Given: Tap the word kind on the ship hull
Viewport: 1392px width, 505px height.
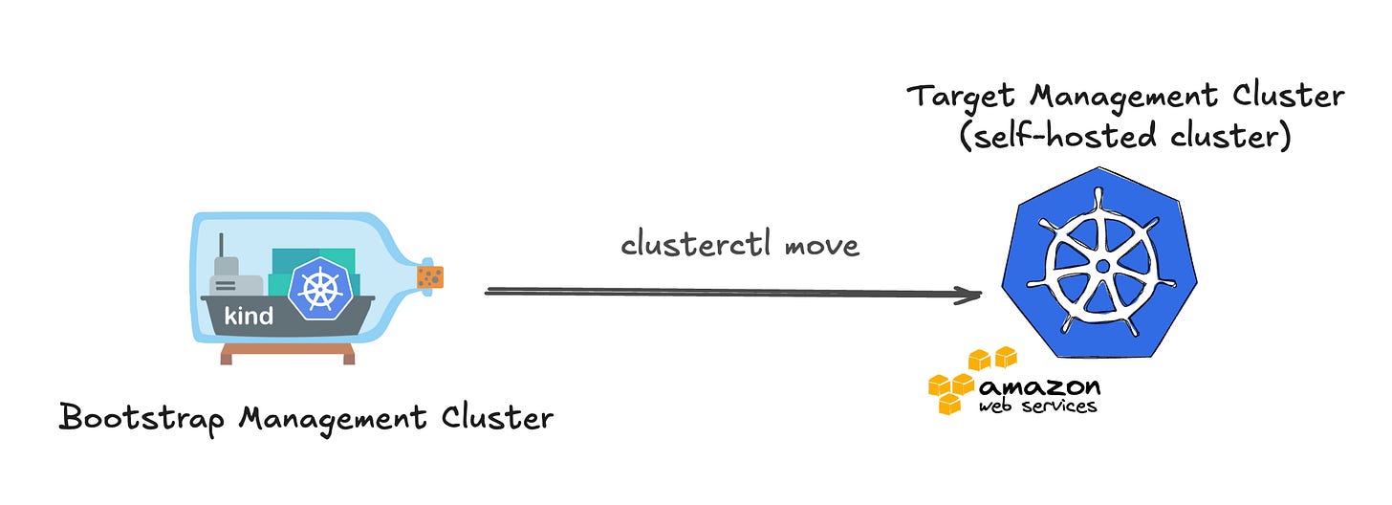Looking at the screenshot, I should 249,316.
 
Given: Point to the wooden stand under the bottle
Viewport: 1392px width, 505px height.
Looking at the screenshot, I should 288,354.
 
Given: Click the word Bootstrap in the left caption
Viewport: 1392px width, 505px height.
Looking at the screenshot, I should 142,419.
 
